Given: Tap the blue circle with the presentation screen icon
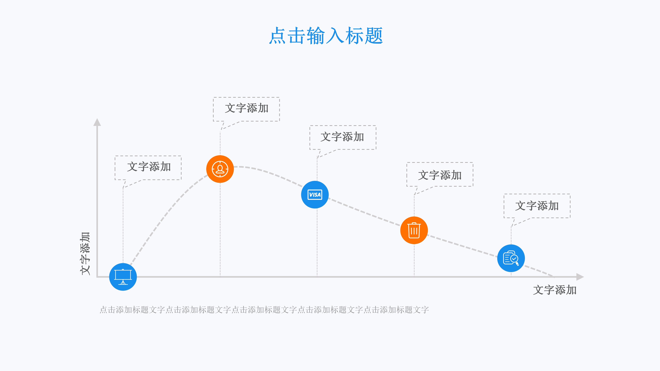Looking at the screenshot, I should (x=123, y=277).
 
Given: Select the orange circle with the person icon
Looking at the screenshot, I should (x=220, y=169).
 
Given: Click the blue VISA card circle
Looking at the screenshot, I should (x=315, y=195).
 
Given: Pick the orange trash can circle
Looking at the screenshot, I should (x=414, y=230).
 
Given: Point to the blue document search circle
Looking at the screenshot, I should (x=511, y=258).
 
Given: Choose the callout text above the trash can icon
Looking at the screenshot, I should (x=440, y=175).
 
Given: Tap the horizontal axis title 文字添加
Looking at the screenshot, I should (x=555, y=290).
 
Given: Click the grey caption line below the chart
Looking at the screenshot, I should (x=264, y=310).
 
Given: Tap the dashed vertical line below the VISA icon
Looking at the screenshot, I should (x=317, y=243).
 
